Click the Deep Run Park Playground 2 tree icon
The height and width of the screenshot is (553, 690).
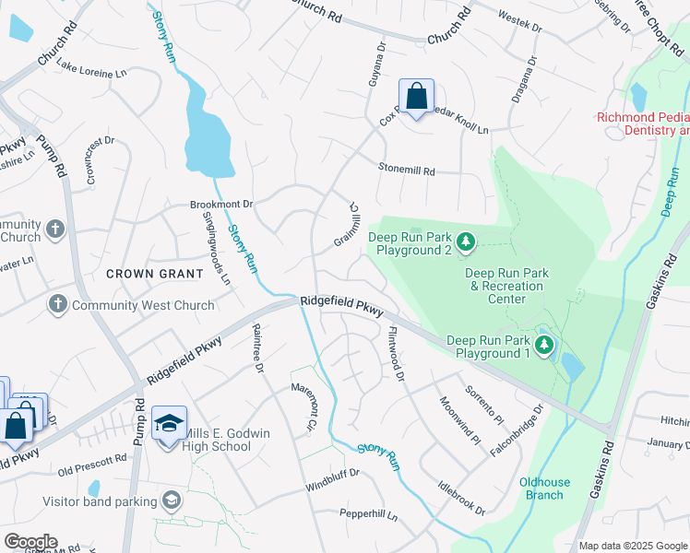point(467,242)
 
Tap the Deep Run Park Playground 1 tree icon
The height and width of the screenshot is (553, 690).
point(545,346)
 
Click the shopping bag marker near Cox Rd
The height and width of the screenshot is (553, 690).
point(416,95)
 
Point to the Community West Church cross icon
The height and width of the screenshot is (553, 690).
point(57,304)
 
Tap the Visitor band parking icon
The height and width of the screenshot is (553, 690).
point(170,500)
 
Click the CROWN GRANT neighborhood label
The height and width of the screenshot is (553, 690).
point(154,273)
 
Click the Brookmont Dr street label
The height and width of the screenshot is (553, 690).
point(195,203)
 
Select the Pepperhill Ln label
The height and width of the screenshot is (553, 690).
point(368,516)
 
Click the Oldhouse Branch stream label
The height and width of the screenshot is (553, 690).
point(544,488)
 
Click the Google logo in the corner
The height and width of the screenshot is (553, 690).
point(30,542)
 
